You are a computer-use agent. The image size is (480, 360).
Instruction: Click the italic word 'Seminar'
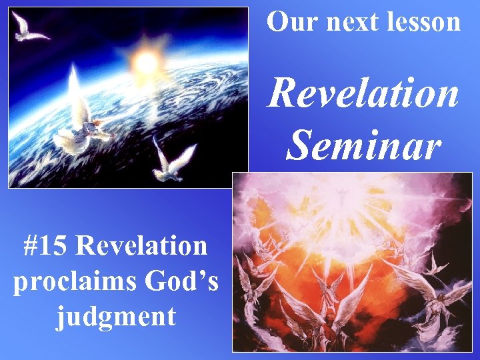(363, 144)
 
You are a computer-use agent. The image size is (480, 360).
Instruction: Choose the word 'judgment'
(116, 315)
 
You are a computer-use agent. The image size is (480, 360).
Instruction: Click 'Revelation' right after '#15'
(142, 245)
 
